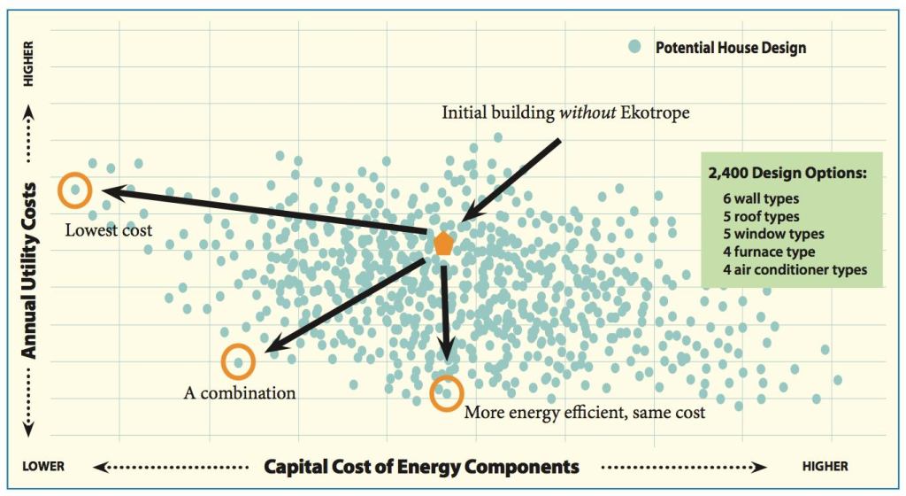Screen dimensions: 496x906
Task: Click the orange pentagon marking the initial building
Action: point(443,243)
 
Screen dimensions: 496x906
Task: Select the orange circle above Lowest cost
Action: point(75,190)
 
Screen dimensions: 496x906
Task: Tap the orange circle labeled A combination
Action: point(238,361)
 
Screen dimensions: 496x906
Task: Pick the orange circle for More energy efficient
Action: point(447,392)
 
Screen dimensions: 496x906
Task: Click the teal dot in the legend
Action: point(634,47)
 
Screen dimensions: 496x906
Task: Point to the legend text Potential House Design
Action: point(730,48)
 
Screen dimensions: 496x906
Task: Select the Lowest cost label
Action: point(109,230)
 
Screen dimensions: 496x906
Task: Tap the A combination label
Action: point(240,391)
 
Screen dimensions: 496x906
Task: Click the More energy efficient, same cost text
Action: point(585,412)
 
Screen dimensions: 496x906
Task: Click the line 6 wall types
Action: point(761,199)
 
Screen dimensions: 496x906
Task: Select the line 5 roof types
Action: point(761,217)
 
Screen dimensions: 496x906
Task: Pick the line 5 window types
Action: point(772,235)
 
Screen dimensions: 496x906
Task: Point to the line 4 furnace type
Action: point(768,252)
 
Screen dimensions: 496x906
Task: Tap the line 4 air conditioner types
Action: point(795,270)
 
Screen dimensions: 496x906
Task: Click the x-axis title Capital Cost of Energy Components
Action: point(422,467)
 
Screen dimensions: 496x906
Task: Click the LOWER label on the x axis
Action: point(44,467)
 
